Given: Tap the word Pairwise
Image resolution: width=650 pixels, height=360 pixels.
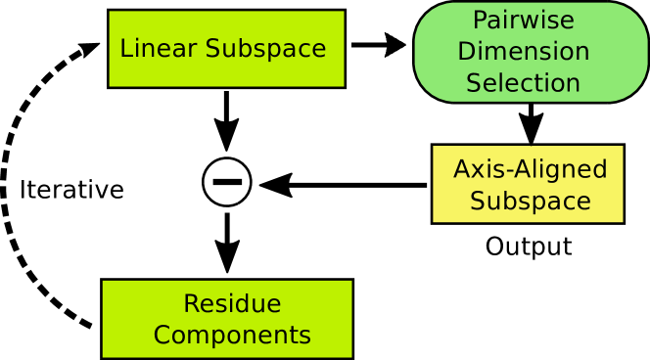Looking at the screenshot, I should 523,21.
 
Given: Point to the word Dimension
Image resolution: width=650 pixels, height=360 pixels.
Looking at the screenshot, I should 523,52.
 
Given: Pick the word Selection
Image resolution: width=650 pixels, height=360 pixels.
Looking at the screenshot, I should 523,83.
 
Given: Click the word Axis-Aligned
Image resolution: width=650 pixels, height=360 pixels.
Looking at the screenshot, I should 530,170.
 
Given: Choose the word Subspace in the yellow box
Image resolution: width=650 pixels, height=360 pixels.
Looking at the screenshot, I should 530,202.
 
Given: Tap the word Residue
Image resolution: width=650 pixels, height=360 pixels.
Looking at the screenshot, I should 232,304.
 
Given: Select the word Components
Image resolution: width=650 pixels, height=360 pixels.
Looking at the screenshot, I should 232,336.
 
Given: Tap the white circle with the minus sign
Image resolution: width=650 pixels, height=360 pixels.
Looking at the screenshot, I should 227,182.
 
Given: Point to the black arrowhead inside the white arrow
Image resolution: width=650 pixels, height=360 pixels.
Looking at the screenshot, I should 395,45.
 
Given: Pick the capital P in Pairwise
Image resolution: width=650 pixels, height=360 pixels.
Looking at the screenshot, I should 480,21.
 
